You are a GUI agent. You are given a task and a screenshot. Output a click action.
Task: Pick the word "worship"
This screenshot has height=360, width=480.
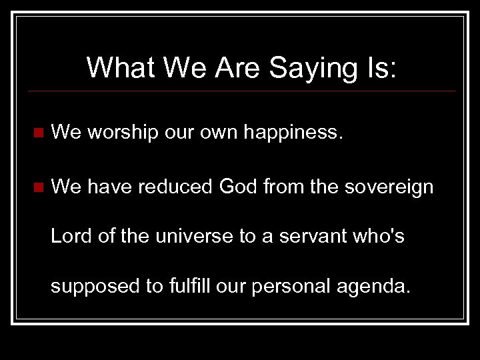point(122,133)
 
